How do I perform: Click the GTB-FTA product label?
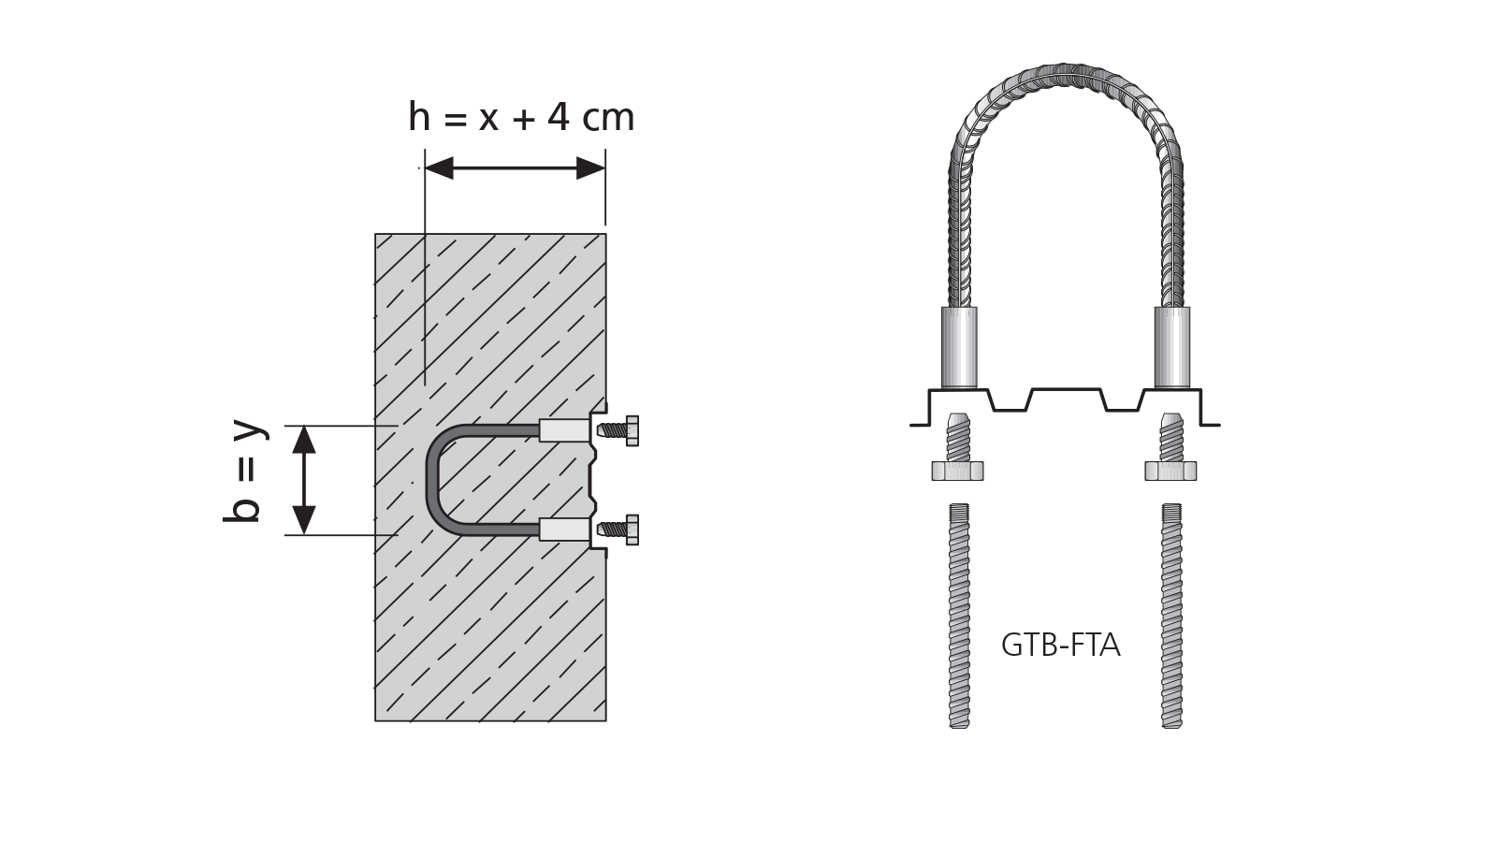1061,645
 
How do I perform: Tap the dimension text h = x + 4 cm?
521,117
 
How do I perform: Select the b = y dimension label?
244,471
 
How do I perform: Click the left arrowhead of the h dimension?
439,168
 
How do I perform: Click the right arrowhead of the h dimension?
590,168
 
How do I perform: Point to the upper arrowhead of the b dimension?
304,440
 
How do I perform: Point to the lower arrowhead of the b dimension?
304,520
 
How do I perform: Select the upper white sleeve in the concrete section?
565,431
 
